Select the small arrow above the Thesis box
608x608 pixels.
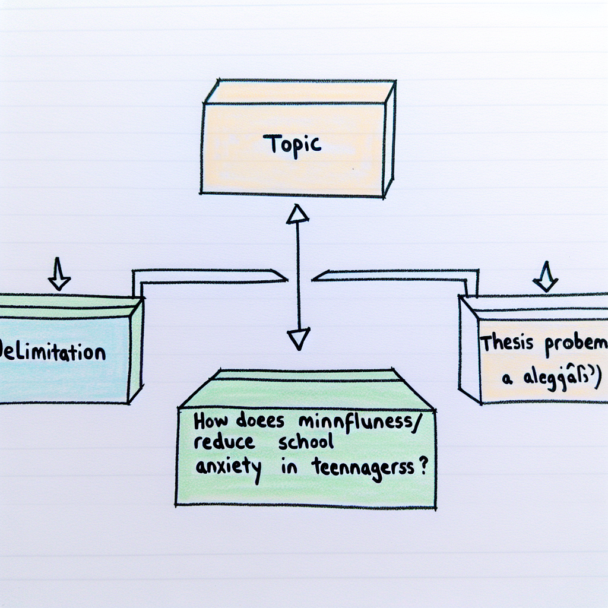(x=545, y=277)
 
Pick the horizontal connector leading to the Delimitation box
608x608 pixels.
(x=208, y=274)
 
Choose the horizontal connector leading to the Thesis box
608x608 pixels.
(x=392, y=274)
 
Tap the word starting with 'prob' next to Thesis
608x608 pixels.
(x=575, y=344)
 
